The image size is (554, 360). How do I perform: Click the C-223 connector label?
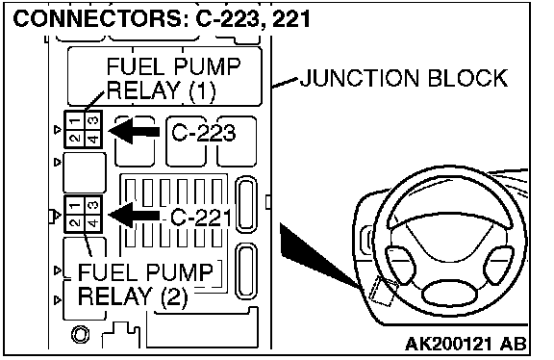pos(203,133)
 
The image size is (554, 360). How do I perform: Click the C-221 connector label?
pos(201,217)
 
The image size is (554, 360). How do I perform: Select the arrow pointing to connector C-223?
pos(135,131)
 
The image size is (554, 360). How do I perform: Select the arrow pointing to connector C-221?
pos(135,215)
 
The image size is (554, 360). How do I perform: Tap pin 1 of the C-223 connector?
pos(75,121)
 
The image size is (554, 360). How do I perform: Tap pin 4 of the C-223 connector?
pos(93,139)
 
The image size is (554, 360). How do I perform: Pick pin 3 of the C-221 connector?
pos(93,206)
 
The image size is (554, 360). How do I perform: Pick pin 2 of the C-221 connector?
pos(75,222)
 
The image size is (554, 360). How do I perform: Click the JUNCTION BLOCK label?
pos(404,78)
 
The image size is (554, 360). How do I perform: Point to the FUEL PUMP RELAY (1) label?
pos(173,79)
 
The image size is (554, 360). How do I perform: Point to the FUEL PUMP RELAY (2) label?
pos(145,284)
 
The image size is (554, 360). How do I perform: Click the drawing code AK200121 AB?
pos(466,344)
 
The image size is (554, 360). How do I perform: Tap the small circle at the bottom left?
pos(80,334)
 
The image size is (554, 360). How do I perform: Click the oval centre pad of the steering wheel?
pos(449,294)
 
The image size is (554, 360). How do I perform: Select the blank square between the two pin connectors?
pos(85,172)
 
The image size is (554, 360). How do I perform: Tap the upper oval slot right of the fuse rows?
pos(246,204)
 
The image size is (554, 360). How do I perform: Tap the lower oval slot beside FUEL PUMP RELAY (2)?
pos(246,271)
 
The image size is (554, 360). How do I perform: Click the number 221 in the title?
pos(290,18)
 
